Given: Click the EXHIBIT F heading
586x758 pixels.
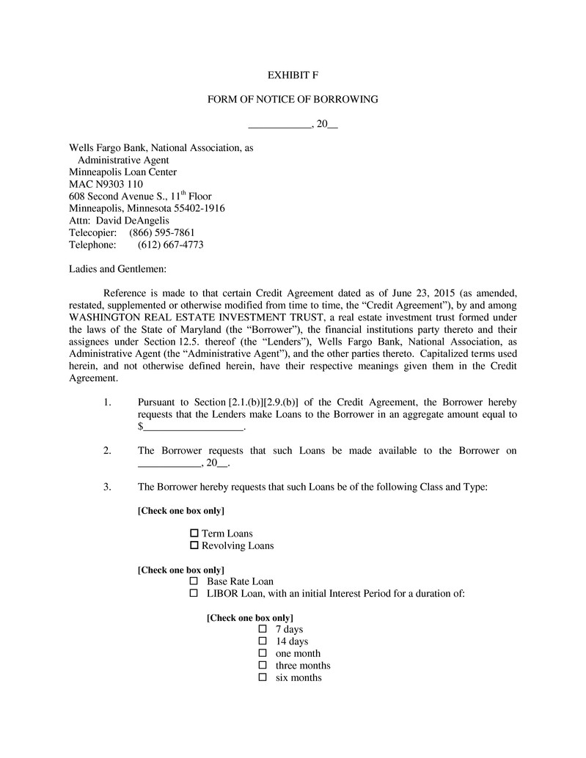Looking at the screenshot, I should pos(293,75).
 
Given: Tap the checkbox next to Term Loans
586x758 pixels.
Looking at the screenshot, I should pos(194,533).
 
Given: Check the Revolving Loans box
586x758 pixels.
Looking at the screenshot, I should pos(194,545).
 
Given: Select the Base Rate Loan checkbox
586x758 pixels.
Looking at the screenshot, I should pos(194,581).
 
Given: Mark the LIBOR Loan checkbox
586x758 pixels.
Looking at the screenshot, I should pos(194,593).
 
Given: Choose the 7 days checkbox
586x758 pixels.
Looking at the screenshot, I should pos(263,629).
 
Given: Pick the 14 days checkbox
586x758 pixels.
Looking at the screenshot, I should pos(263,641).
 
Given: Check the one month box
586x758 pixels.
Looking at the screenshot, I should pos(263,653).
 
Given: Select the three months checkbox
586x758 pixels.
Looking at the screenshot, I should pos(263,666).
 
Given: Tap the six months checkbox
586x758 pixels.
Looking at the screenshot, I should pos(263,678).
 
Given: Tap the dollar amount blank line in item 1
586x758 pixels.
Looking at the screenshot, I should pos(193,427).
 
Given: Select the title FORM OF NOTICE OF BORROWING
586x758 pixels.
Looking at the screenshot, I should pos(293,99).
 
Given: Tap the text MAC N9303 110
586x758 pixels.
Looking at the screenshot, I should pos(106,184).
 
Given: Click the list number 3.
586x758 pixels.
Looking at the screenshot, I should pos(107,487).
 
